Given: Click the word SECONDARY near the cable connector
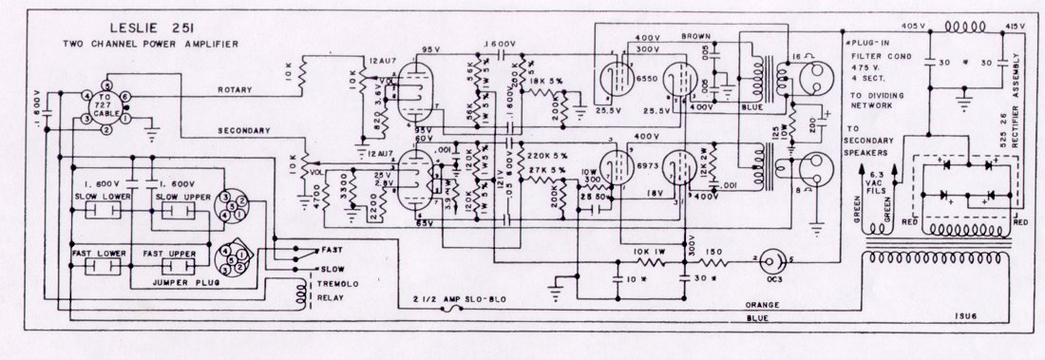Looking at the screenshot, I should [244, 130].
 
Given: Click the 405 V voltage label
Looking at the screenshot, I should [910, 26].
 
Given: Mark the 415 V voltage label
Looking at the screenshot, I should [1015, 26].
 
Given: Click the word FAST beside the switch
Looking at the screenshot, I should [333, 250].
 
